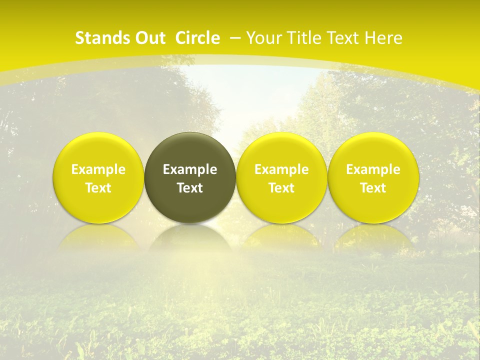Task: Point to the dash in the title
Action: [x=236, y=38]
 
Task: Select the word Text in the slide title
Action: [x=344, y=38]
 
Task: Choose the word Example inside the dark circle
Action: [x=190, y=169]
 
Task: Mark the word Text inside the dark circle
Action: [x=190, y=188]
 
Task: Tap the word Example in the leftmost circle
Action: [x=98, y=169]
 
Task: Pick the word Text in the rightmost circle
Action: [x=373, y=188]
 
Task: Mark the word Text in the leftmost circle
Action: [x=98, y=188]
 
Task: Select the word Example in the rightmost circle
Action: [x=373, y=169]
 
